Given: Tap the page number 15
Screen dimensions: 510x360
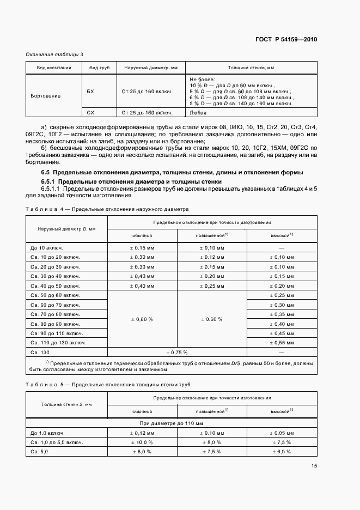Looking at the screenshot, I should pyautogui.click(x=314, y=465).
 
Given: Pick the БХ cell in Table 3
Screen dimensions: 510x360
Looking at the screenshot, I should pyautogui.click(x=90, y=91).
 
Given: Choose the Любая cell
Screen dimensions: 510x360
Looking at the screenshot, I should pyautogui.click(x=198, y=113).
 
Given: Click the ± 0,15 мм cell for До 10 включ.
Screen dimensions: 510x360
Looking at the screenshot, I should pyautogui.click(x=142, y=247).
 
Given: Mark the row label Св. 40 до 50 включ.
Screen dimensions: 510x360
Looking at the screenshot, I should pyautogui.click(x=56, y=286).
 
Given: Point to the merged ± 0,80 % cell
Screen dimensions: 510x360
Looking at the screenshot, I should pyautogui.click(x=142, y=319).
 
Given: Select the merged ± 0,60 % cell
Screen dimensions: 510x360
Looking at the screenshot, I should pyautogui.click(x=212, y=319).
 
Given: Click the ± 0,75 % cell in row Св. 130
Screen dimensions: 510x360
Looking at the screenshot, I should pyautogui.click(x=177, y=352).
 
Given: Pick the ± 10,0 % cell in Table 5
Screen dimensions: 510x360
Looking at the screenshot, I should pyautogui.click(x=142, y=442).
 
